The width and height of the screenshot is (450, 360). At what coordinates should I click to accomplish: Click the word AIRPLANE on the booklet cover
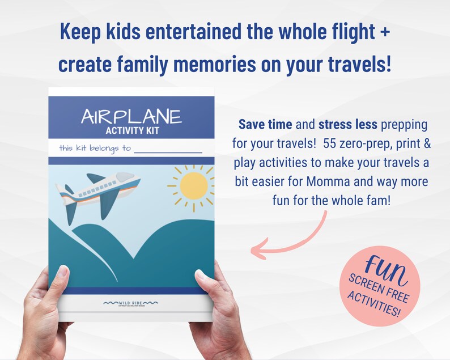pyautogui.click(x=131, y=116)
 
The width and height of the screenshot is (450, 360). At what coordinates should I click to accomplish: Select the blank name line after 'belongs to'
pyautogui.click(x=168, y=150)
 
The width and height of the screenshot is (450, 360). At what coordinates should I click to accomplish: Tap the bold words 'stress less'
pyautogui.click(x=343, y=124)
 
